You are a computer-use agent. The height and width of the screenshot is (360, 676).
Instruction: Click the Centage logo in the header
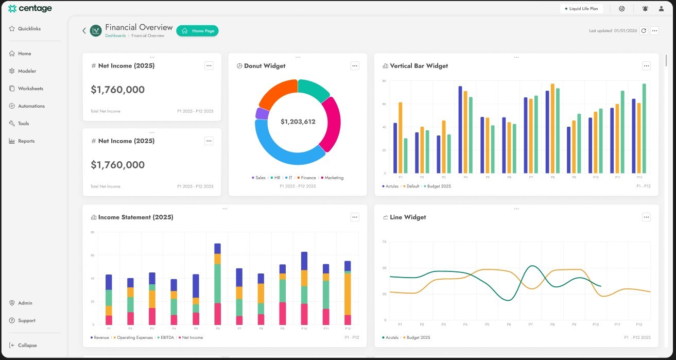[x=30, y=8]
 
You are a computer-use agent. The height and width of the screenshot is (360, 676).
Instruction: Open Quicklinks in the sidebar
[x=29, y=29]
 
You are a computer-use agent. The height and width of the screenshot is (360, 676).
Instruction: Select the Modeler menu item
[x=27, y=71]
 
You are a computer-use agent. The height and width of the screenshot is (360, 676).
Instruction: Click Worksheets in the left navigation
[x=30, y=89]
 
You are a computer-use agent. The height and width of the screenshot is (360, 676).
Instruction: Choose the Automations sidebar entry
[x=31, y=106]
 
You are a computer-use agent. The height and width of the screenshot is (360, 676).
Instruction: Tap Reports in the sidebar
[x=26, y=141]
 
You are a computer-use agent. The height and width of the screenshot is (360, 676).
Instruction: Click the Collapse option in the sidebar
[x=27, y=346]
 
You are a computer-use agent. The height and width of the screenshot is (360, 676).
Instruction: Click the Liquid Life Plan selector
[x=581, y=9]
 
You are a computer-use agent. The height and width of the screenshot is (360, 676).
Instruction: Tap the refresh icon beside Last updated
[x=643, y=31]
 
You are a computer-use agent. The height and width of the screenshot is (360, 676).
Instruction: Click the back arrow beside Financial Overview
[x=84, y=31]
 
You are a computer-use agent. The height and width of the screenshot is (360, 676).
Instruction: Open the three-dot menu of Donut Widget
[x=355, y=66]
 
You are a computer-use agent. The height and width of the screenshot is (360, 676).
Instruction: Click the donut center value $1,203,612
[x=298, y=122]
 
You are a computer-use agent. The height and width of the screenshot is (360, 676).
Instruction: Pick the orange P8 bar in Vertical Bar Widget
[x=552, y=129]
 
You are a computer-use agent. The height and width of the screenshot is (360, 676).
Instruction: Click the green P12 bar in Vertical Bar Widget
[x=644, y=129]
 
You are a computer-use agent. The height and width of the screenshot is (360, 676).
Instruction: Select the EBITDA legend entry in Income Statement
[x=166, y=338]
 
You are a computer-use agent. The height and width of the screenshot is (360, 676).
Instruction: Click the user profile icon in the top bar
[x=661, y=9]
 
